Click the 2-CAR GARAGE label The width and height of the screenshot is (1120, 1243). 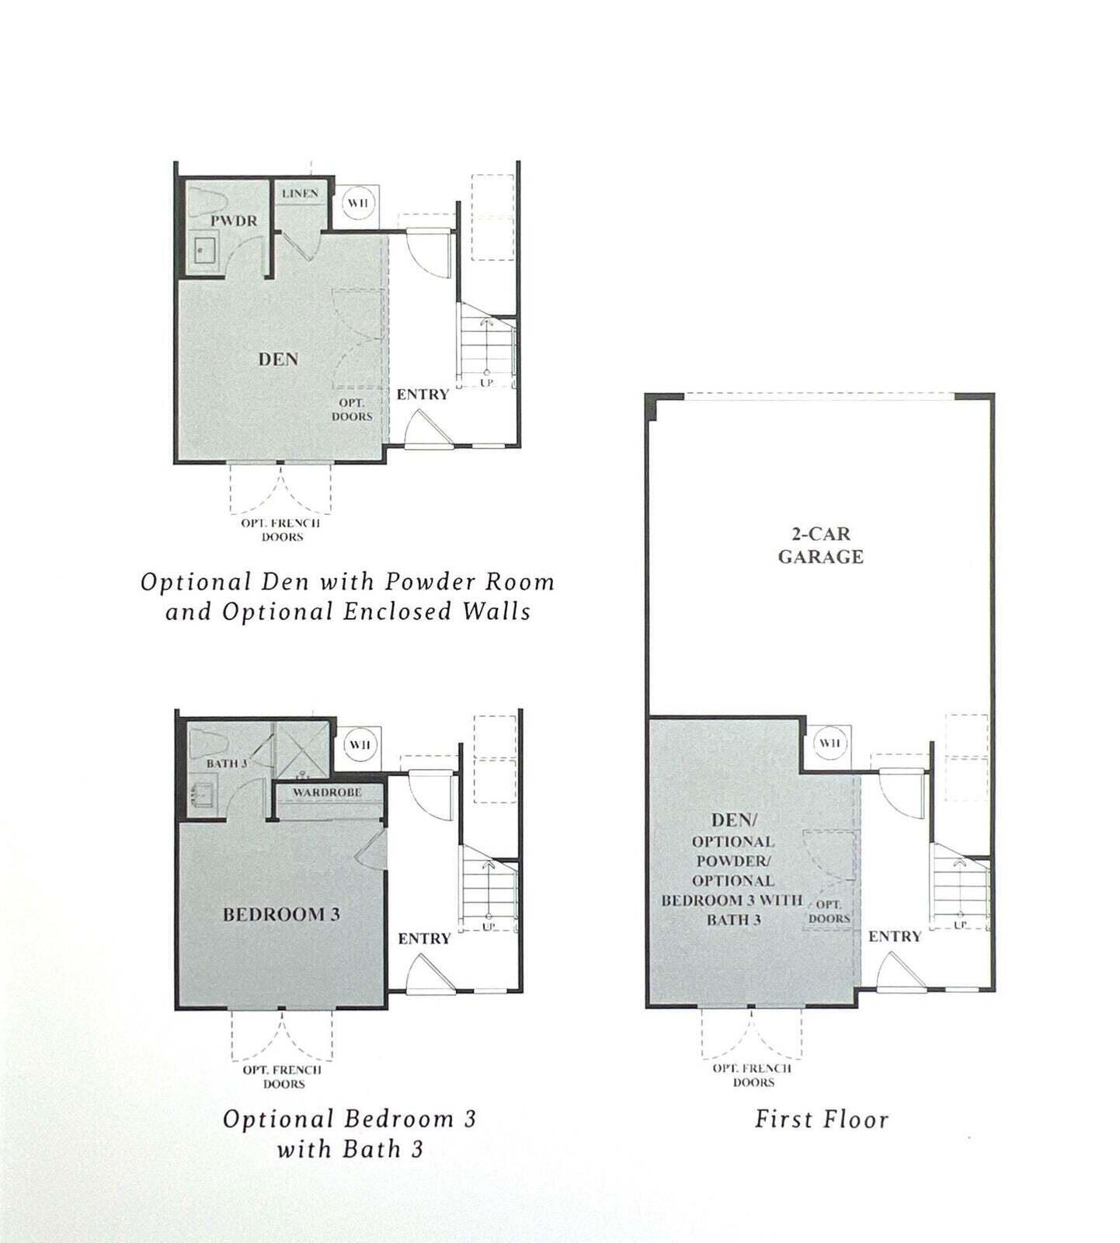[x=820, y=545]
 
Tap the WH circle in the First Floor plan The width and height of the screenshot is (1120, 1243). [x=829, y=743]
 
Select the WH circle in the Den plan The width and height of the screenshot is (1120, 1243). [x=358, y=204]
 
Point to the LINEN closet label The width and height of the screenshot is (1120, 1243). [x=300, y=193]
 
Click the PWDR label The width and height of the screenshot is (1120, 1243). [x=233, y=221]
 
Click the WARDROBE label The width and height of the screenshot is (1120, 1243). [x=327, y=792]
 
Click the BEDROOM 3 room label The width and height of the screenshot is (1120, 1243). [x=281, y=914]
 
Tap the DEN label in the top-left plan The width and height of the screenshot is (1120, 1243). [x=278, y=359]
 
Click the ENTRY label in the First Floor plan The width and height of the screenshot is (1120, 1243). [x=894, y=937]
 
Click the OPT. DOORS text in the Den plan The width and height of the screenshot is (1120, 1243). [x=352, y=410]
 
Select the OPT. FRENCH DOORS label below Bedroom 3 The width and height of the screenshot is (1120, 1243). [x=282, y=1077]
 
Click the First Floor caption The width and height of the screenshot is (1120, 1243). [x=821, y=1119]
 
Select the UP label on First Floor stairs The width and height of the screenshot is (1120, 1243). [x=960, y=924]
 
